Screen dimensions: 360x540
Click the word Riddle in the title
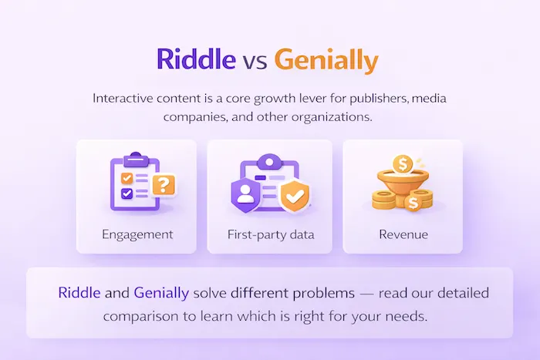coord(195,59)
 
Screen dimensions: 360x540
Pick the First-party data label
coord(269,234)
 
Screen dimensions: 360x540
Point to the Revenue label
coord(403,234)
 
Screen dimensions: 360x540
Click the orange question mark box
coord(164,185)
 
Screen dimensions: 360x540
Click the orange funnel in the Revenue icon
coord(402,184)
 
